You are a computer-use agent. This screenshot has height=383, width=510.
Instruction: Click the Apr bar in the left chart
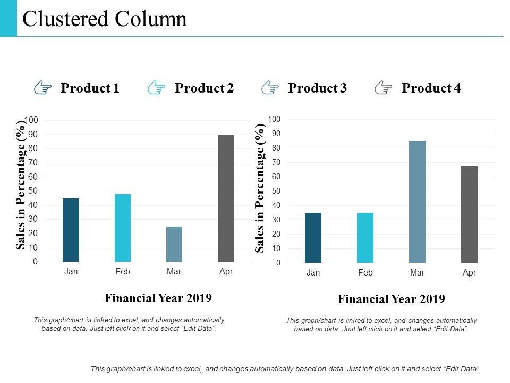(226, 198)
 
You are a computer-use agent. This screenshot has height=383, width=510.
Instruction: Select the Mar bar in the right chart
(417, 202)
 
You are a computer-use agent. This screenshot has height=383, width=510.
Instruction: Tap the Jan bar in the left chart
(71, 230)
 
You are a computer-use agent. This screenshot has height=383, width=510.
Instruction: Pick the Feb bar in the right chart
(365, 237)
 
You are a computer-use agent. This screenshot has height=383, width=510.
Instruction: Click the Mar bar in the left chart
(174, 244)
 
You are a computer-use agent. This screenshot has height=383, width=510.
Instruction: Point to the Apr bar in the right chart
(469, 214)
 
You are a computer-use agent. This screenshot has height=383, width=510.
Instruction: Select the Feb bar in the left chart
(123, 228)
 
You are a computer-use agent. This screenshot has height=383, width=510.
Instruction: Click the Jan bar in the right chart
(313, 237)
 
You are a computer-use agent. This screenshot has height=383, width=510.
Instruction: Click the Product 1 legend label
(90, 88)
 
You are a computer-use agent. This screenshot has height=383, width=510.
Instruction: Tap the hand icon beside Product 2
(157, 88)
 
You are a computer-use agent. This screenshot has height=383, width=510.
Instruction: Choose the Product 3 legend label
(317, 88)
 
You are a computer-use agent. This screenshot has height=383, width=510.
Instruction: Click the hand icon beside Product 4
(384, 88)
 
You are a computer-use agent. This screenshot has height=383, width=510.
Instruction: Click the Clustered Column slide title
(105, 19)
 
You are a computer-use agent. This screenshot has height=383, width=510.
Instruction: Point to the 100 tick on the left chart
(31, 120)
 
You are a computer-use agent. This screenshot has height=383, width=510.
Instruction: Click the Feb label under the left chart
(123, 272)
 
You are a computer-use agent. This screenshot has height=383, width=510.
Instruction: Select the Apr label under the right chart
(469, 273)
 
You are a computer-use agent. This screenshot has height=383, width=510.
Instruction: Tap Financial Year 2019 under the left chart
(158, 298)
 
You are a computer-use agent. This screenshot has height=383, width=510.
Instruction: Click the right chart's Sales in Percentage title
(260, 188)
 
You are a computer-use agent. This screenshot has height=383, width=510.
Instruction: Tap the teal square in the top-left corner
(8, 18)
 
